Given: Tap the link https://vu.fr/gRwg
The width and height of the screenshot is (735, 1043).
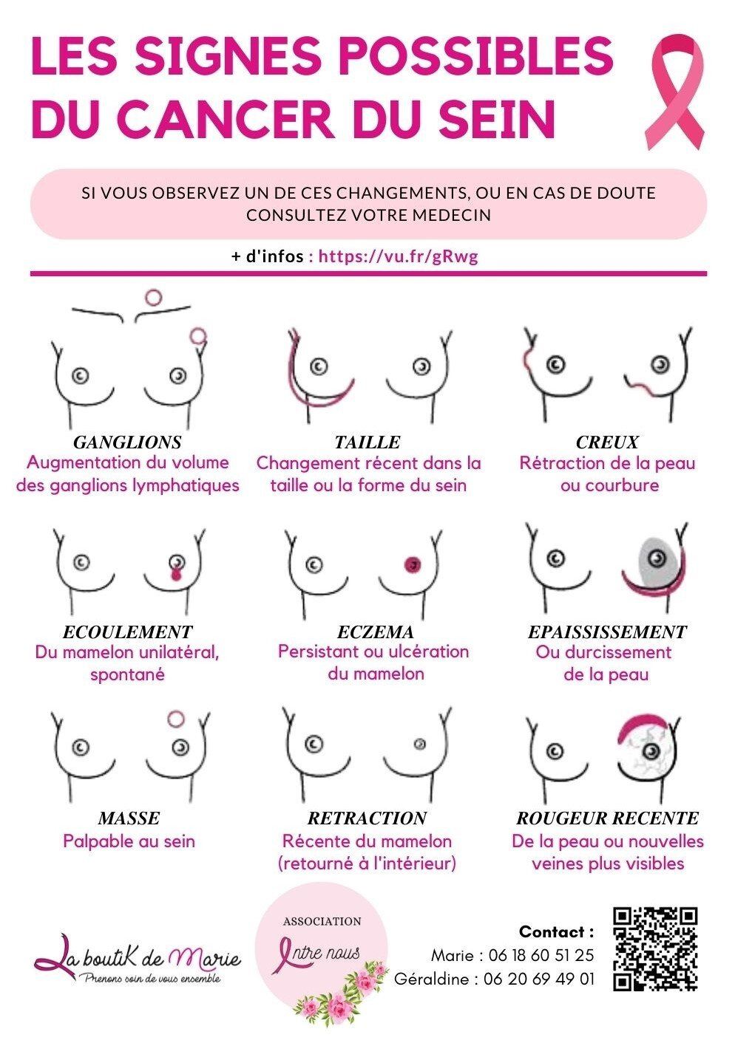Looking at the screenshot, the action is pyautogui.click(x=398, y=256).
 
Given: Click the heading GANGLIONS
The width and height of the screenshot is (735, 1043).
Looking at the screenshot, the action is pyautogui.click(x=127, y=442).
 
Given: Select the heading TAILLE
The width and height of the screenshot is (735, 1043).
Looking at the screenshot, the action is pyautogui.click(x=367, y=442).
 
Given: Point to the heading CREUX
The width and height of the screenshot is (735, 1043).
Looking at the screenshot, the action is pyautogui.click(x=607, y=442).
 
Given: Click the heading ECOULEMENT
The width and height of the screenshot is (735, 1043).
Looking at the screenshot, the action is pyautogui.click(x=127, y=632).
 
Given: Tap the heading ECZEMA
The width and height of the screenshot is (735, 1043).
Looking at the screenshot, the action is pyautogui.click(x=375, y=632).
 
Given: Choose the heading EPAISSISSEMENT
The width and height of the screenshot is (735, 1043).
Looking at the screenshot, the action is pyautogui.click(x=607, y=632).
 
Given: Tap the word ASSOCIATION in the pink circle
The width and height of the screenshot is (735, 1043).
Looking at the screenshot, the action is pyautogui.click(x=322, y=921).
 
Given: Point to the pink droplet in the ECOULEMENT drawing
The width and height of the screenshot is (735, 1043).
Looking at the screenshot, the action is pyautogui.click(x=175, y=574).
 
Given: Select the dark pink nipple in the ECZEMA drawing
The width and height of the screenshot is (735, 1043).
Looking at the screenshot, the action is pyautogui.click(x=413, y=564).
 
